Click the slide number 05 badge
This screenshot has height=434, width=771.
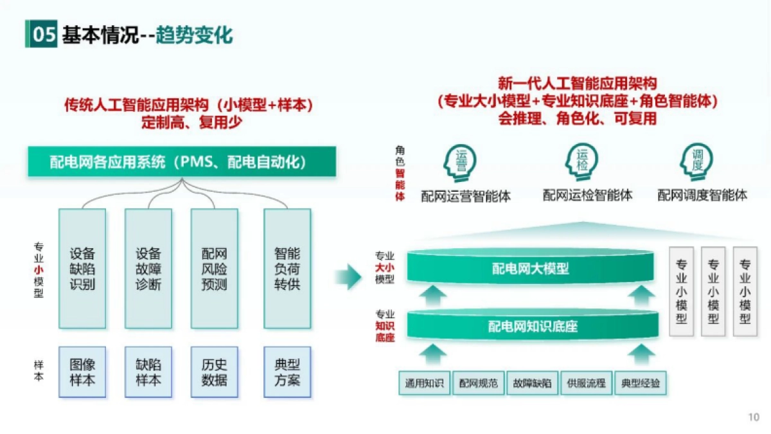point(42,35)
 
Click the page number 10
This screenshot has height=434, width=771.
point(754,417)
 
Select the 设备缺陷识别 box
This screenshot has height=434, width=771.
point(82,268)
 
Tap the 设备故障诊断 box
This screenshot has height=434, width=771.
point(148,268)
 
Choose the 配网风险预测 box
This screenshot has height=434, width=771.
point(214,268)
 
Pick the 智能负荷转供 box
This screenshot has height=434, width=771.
point(287,268)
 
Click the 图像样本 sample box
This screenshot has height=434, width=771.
point(82,372)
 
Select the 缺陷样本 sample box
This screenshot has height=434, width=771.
point(148,372)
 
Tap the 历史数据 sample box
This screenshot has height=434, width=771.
point(214,372)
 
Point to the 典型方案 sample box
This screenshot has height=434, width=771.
point(287,372)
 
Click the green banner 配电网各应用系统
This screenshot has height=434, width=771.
point(182,162)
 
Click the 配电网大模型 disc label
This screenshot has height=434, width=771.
point(531,268)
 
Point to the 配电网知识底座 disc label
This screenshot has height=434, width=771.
point(533,326)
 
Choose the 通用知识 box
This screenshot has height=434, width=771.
point(425,383)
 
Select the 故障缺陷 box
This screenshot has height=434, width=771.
point(532,383)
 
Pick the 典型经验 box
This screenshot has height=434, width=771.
point(641,383)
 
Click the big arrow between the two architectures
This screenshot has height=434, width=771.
point(348,276)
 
